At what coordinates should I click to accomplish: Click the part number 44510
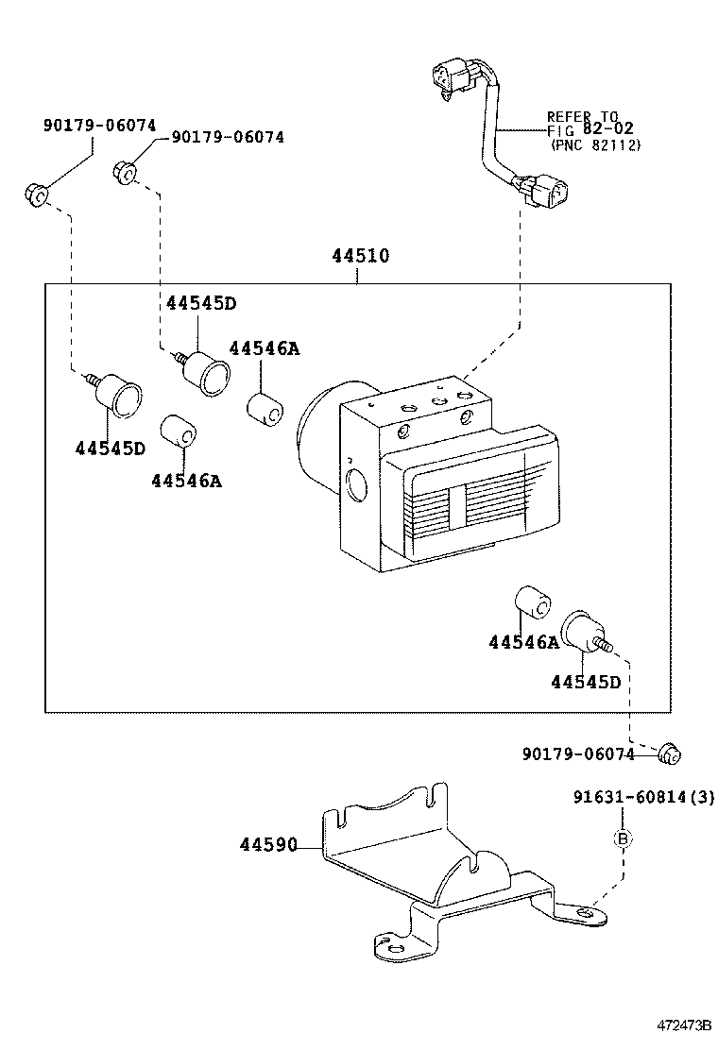[x=360, y=256]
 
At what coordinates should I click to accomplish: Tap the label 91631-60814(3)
[x=643, y=798]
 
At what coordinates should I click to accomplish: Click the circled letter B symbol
[x=623, y=838]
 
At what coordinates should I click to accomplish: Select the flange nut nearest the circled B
[x=670, y=753]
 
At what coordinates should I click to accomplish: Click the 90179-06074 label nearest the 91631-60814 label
[x=577, y=754]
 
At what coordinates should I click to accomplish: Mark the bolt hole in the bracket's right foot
[x=587, y=912]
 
